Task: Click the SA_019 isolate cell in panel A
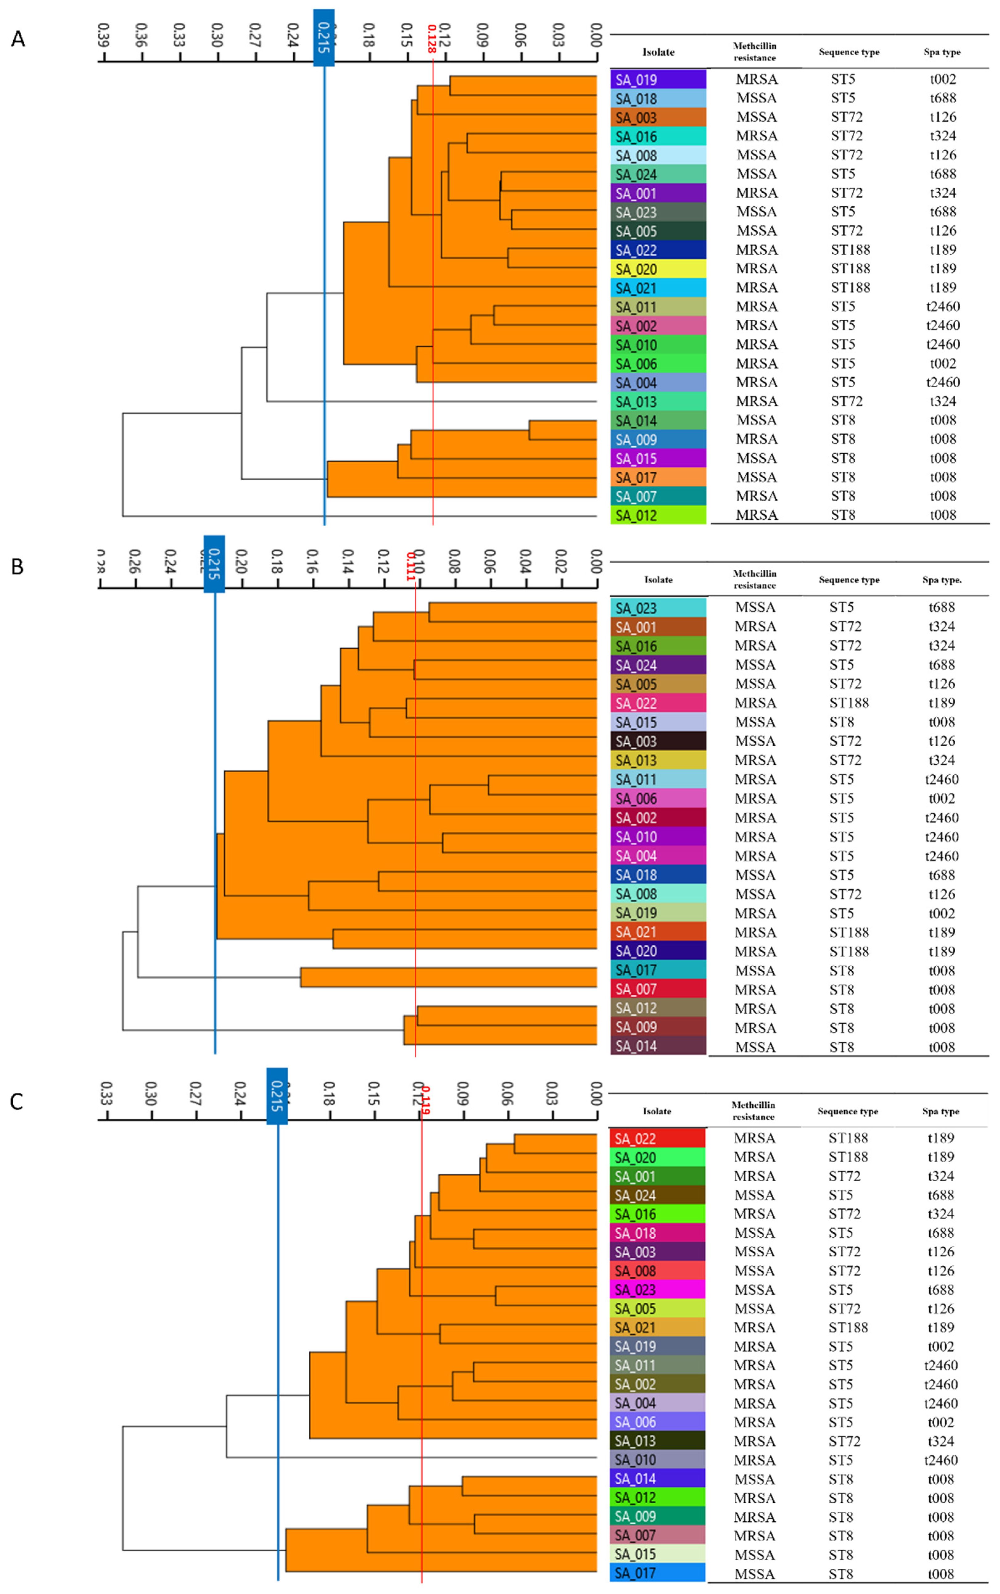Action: [658, 79]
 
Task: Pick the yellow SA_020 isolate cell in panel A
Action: [658, 269]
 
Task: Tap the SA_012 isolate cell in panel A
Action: [658, 515]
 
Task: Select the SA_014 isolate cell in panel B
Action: [658, 1046]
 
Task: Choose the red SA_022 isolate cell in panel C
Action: [657, 1138]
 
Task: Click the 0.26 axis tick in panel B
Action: [135, 561]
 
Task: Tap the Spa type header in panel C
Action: [940, 1111]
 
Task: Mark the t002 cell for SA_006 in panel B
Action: [941, 799]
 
